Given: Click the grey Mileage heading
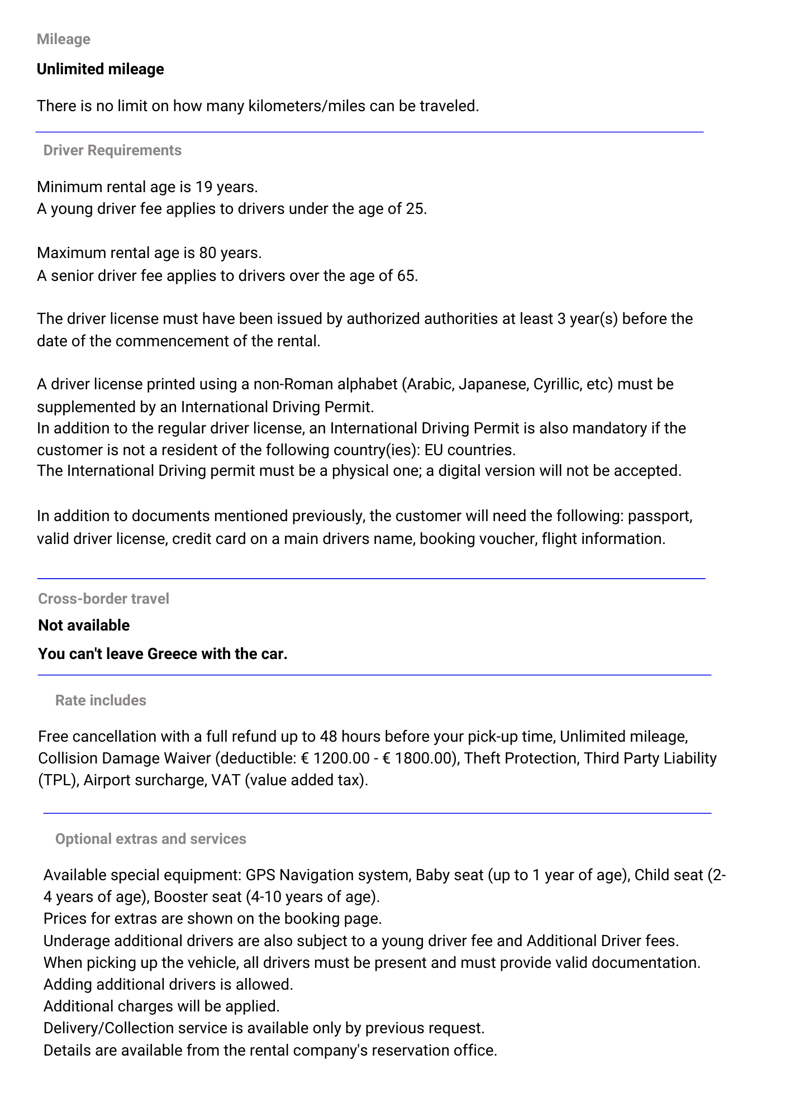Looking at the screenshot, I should coord(63,39).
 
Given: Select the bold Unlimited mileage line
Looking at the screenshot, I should coord(101,69).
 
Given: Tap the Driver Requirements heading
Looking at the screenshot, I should coord(112,150).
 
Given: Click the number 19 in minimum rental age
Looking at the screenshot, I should coord(204,187).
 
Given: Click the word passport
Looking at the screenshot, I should coord(660,515).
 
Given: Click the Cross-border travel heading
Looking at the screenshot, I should coord(103,599).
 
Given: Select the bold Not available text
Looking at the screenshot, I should coord(84,626).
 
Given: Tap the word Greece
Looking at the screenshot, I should coord(172,654).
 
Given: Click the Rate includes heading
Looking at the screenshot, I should coord(101,700).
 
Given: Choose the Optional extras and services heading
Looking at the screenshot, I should coord(150,839).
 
